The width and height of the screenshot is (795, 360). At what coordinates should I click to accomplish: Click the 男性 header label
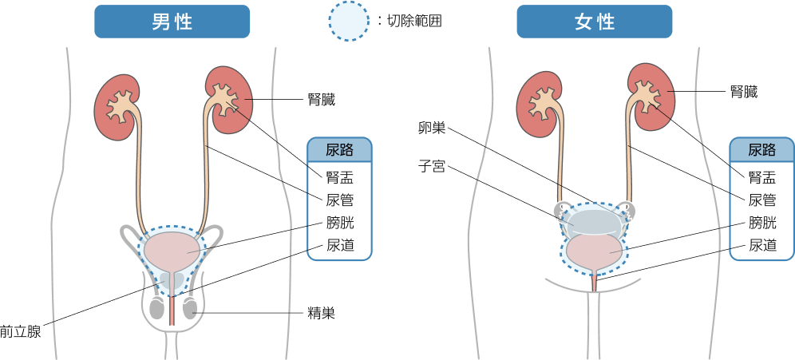click(172, 22)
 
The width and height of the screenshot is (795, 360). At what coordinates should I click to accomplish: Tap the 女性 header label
click(594, 22)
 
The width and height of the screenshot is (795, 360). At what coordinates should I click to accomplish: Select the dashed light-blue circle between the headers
click(349, 21)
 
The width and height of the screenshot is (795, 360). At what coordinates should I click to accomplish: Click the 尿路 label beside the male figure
click(339, 149)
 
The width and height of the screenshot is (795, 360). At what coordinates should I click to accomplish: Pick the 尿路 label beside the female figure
click(761, 149)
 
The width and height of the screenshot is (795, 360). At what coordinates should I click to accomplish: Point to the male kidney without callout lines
click(117, 108)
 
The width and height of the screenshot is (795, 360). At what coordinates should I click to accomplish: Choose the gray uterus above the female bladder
click(593, 220)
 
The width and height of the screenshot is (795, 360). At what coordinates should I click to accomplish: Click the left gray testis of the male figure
click(158, 308)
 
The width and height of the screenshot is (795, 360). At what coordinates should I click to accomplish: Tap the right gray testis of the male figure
click(192, 308)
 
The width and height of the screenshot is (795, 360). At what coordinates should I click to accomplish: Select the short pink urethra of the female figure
click(594, 281)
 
